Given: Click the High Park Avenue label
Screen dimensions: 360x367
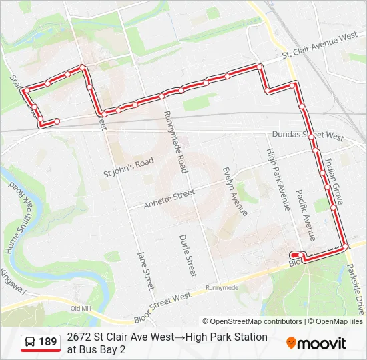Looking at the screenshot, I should (278, 179).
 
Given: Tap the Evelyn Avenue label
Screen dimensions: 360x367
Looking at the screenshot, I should (234, 191).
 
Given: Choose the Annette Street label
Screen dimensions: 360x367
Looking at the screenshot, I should (169, 199).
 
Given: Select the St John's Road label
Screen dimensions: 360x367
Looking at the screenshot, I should (128, 167).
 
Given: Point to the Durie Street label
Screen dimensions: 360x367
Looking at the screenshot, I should (188, 255).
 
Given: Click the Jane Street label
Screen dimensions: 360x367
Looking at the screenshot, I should (142, 267).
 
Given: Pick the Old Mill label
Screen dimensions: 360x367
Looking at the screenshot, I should (80, 309).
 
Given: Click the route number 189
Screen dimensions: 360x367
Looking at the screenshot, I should (47, 342).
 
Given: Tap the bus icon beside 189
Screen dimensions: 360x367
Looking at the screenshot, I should (30, 343).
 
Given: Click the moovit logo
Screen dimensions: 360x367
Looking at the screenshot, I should (316, 343).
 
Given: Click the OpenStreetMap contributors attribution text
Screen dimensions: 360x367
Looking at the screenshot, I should (252, 321).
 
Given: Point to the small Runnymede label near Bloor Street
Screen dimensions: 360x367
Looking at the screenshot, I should (222, 288).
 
